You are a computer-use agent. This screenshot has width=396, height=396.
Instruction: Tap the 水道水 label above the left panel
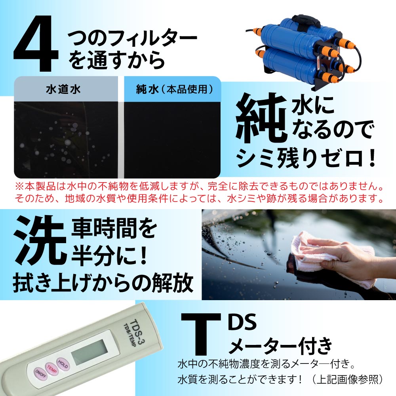pos(63,89)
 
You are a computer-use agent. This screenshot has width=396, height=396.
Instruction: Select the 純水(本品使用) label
pos(172,89)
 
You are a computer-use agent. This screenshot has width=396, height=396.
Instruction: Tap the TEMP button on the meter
pos(51,367)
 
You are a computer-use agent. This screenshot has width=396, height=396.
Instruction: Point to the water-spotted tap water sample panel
pos(65,139)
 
